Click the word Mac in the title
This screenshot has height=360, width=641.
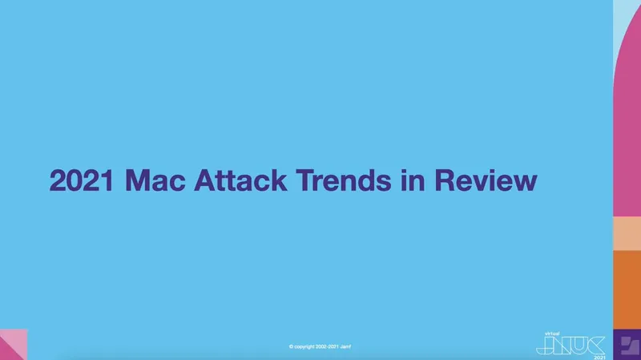(155, 180)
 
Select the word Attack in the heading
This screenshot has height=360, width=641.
(240, 180)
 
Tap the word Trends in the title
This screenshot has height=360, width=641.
(344, 180)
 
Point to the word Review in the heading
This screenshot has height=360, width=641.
(486, 180)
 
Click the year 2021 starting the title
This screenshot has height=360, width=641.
(82, 180)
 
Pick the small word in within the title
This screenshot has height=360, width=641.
(413, 180)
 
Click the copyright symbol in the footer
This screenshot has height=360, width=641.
(291, 347)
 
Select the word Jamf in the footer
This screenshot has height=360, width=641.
(345, 347)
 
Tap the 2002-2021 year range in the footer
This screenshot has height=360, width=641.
(327, 347)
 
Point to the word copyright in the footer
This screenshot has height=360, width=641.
(304, 347)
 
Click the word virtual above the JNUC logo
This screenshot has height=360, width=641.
(552, 334)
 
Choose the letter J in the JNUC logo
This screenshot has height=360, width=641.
(544, 346)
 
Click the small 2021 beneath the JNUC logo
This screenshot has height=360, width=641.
(599, 358)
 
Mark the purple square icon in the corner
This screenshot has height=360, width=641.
(627, 345)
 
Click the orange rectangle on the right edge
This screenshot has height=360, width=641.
(627, 289)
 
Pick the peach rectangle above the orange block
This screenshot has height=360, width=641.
(627, 233)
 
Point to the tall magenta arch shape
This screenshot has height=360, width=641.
(627, 123)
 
